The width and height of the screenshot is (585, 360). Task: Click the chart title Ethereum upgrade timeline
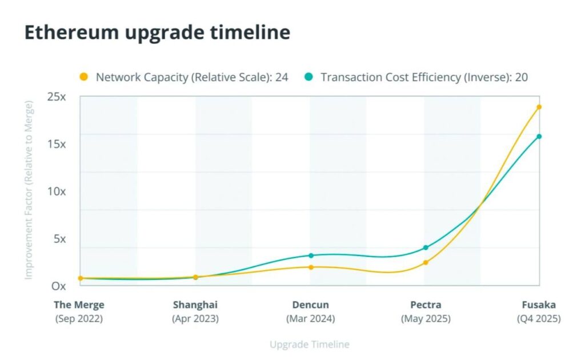click(157, 33)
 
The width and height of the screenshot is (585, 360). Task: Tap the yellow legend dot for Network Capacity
click(84, 77)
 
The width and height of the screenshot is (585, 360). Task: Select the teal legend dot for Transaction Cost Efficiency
click(309, 77)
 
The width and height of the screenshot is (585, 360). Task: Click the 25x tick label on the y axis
click(57, 97)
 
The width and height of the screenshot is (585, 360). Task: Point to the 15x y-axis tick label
click(57, 144)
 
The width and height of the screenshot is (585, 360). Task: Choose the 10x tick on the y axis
click(57, 191)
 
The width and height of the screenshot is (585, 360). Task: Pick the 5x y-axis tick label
click(60, 239)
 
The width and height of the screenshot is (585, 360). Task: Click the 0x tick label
click(59, 286)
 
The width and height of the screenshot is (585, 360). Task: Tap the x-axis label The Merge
click(79, 305)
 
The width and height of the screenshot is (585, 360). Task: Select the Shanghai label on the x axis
click(195, 305)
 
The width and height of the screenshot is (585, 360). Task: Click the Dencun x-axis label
click(311, 305)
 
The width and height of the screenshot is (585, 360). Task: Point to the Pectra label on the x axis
click(426, 305)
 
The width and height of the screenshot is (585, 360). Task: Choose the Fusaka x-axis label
click(539, 305)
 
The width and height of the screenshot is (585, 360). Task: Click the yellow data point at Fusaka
click(539, 107)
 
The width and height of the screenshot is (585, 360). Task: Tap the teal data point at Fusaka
click(539, 136)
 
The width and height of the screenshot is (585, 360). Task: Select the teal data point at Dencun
click(311, 255)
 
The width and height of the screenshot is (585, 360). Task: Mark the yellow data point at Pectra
click(426, 262)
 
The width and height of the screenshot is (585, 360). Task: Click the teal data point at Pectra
click(426, 247)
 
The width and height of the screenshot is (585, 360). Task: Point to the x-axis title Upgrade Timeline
click(309, 345)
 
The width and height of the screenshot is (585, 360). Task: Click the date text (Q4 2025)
click(539, 319)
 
